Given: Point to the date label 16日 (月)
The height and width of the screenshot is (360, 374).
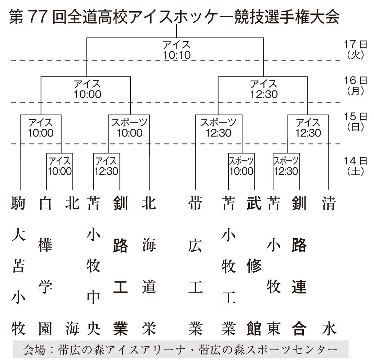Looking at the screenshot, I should click(355, 85).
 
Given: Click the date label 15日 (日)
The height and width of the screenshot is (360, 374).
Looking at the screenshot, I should click(355, 121).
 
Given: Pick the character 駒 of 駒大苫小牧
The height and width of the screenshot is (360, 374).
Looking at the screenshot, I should click(18, 204).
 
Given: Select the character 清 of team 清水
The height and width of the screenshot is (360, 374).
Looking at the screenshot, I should click(328, 204).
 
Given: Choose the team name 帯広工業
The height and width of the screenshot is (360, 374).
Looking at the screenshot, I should click(195, 267).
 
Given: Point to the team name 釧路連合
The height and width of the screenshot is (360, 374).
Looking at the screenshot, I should click(299, 267).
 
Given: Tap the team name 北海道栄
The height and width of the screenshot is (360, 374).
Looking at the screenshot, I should click(149, 267).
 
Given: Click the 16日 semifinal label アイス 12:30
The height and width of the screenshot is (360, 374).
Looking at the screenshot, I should click(264, 89).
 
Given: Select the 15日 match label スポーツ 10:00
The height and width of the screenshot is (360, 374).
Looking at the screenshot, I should click(129, 128).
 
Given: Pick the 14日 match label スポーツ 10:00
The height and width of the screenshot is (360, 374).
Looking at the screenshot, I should click(241, 166).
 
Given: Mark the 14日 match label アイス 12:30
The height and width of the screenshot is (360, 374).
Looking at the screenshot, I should click(106, 166).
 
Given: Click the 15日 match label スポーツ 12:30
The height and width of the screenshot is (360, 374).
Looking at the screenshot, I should click(218, 128).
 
